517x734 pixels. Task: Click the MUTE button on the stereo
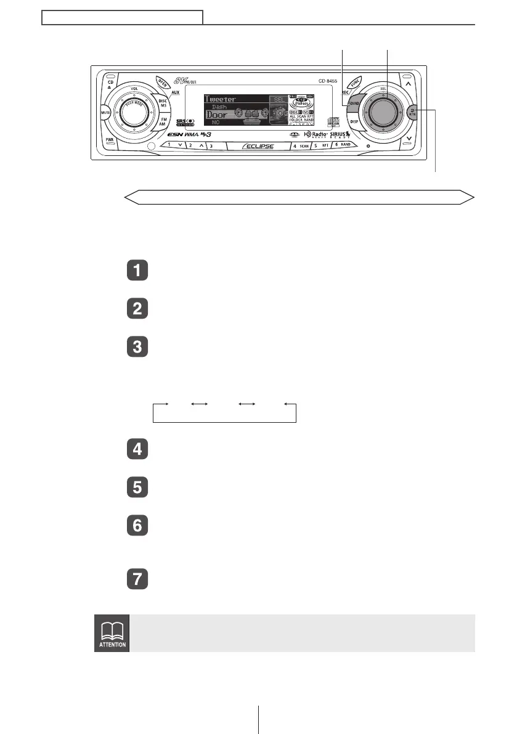[x=105, y=113]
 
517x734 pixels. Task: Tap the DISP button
[x=354, y=122]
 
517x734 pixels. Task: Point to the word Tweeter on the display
[x=221, y=99]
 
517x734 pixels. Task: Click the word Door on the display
[x=216, y=115]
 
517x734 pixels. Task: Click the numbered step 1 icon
[x=137, y=271]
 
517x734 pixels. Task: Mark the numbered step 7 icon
[x=137, y=581]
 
